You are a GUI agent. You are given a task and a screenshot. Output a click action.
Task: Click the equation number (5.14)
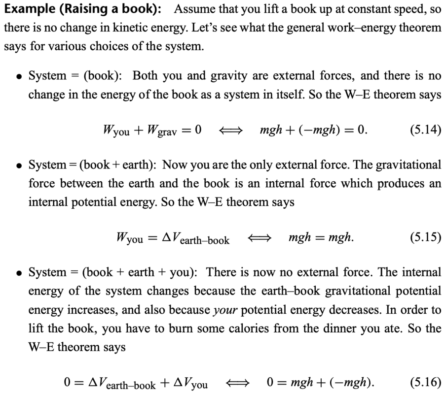coord(425,130)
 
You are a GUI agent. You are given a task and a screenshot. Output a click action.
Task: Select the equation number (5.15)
coord(425,238)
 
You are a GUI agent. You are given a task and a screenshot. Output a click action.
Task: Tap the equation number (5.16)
coord(425,382)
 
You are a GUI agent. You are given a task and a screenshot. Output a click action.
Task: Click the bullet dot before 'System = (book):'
coord(18,76)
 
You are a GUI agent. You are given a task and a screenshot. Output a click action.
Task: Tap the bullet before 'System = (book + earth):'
coord(18,165)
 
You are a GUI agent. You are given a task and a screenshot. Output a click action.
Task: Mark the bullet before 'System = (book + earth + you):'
coord(18,273)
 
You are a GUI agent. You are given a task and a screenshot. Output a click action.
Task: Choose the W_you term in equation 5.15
coord(130,239)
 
